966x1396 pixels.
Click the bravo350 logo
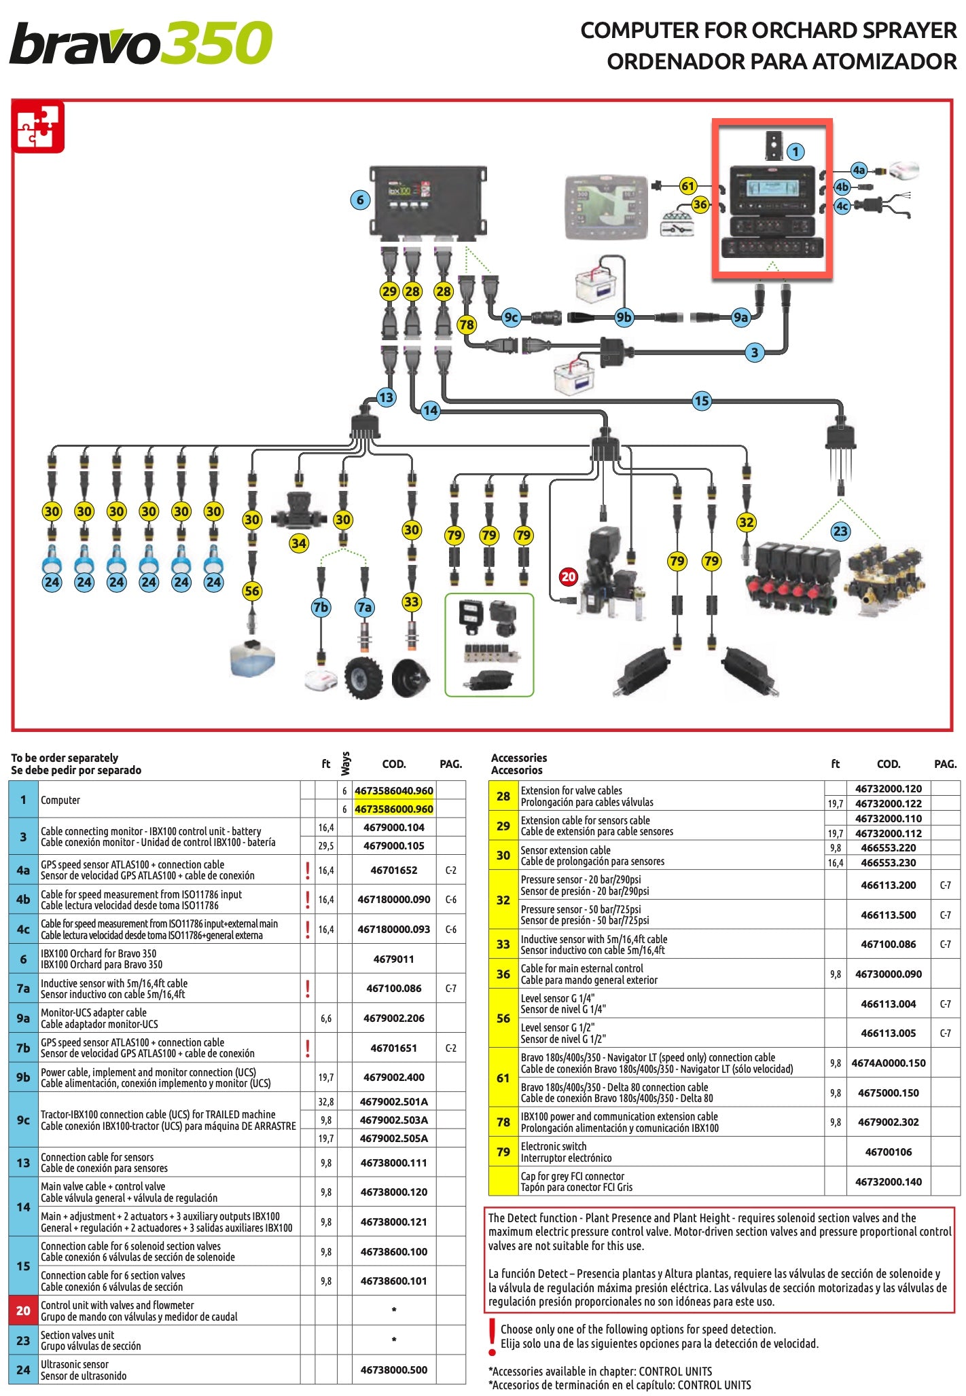141,43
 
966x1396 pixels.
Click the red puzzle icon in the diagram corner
39,127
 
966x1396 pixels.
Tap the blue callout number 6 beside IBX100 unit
361,200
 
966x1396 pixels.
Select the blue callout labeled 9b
624,317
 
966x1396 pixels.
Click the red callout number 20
568,577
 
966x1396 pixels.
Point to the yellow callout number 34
299,543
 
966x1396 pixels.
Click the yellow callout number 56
252,591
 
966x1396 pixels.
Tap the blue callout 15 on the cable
702,401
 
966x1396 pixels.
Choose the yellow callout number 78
466,325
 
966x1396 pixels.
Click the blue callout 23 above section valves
840,531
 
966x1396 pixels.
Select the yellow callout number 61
688,186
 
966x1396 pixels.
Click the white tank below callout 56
253,658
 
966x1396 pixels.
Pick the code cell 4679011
393,959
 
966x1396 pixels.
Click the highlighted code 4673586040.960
393,790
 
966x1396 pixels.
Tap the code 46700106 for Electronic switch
888,1152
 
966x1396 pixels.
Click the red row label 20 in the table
23,1310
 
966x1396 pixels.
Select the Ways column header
345,763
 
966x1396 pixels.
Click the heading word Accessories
518,758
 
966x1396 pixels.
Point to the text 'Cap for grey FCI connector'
572,1176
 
